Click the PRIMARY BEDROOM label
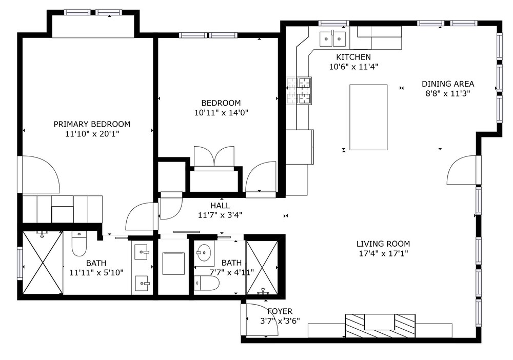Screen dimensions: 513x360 pyautogui.click(x=92, y=124)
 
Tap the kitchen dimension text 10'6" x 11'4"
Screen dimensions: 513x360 pyautogui.click(x=353, y=67)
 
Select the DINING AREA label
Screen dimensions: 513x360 pyautogui.click(x=448, y=84)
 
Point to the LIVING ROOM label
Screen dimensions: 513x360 pyautogui.click(x=383, y=244)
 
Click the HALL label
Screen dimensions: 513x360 pyautogui.click(x=220, y=205)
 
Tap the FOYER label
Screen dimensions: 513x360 pyautogui.click(x=280, y=311)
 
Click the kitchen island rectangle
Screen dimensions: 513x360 pyautogui.click(x=368, y=117)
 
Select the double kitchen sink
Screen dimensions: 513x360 pyautogui.click(x=332, y=39)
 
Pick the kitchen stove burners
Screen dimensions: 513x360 pyautogui.click(x=299, y=91)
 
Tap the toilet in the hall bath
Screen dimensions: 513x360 pyautogui.click(x=206, y=283)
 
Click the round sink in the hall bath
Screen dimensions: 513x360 pyautogui.click(x=204, y=252)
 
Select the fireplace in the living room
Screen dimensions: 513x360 pyautogui.click(x=380, y=326)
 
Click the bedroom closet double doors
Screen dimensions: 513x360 pyautogui.click(x=214, y=156)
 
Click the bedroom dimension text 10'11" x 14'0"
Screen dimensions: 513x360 pyautogui.click(x=221, y=113)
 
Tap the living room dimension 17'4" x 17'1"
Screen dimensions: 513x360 pyautogui.click(x=383, y=253)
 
